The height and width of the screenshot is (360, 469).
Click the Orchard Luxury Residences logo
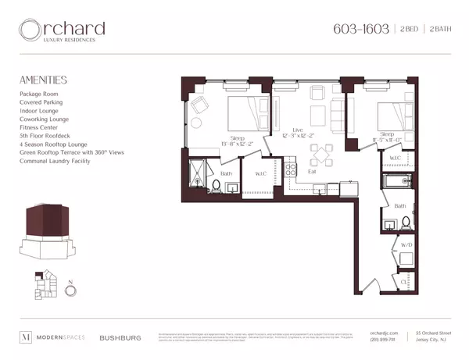pyautogui.click(x=63, y=31)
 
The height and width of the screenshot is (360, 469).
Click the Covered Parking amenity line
pyautogui.click(x=41, y=101)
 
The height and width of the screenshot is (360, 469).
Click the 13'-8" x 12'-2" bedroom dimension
pyautogui.click(x=234, y=144)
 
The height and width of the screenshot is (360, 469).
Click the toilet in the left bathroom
pyautogui.click(x=216, y=186)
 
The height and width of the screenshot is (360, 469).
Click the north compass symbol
pyautogui.click(x=70, y=290)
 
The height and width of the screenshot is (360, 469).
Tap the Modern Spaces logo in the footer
pyautogui.click(x=52, y=337)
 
